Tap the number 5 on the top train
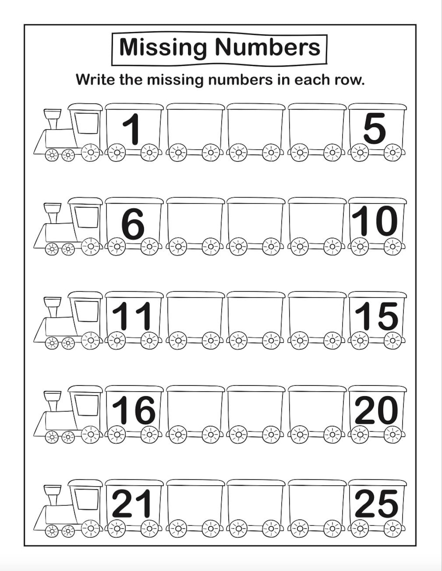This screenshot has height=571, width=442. pos(375,129)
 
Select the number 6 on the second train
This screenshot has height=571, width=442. pos(133,224)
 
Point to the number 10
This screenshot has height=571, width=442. pos(375,221)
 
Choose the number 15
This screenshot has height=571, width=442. pos(376,316)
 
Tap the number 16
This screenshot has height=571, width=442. pos(133,410)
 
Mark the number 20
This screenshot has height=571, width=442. pos(376,410)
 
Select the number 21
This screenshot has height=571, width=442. pos(132,504)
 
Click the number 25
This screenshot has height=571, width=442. pos(376,504)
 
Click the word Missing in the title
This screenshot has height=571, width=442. pos(163,47)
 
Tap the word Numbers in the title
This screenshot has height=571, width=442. pos(268,46)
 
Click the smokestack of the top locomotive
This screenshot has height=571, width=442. pos(52,118)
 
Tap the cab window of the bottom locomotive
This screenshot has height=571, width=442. pos(87,499)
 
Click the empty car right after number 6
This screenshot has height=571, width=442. pos(195,223)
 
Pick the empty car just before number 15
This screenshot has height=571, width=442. pos(316,316)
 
